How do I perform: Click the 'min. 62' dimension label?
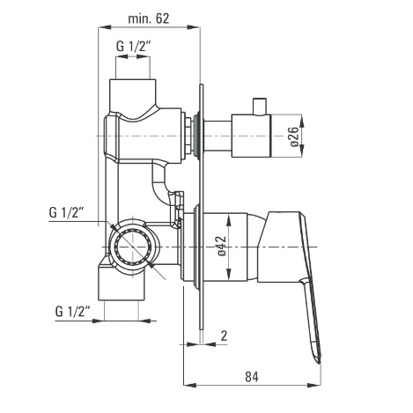tap(149, 18)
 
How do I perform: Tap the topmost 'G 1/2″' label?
tap(134, 47)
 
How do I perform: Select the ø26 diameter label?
tap(294, 136)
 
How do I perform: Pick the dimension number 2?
tap(224, 336)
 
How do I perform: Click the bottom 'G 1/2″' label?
tap(72, 311)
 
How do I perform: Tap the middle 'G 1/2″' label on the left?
tap(66, 212)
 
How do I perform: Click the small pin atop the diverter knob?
tap(260, 106)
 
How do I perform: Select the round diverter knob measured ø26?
tap(251, 136)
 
